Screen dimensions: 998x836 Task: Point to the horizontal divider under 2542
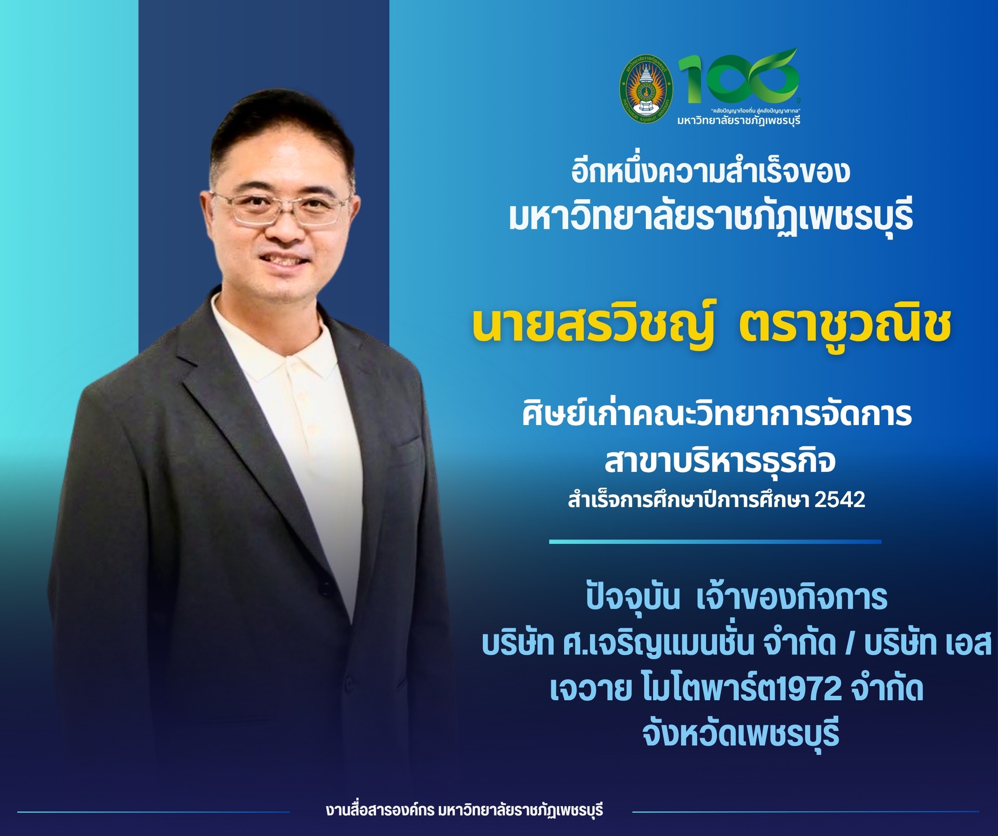tap(715, 541)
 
